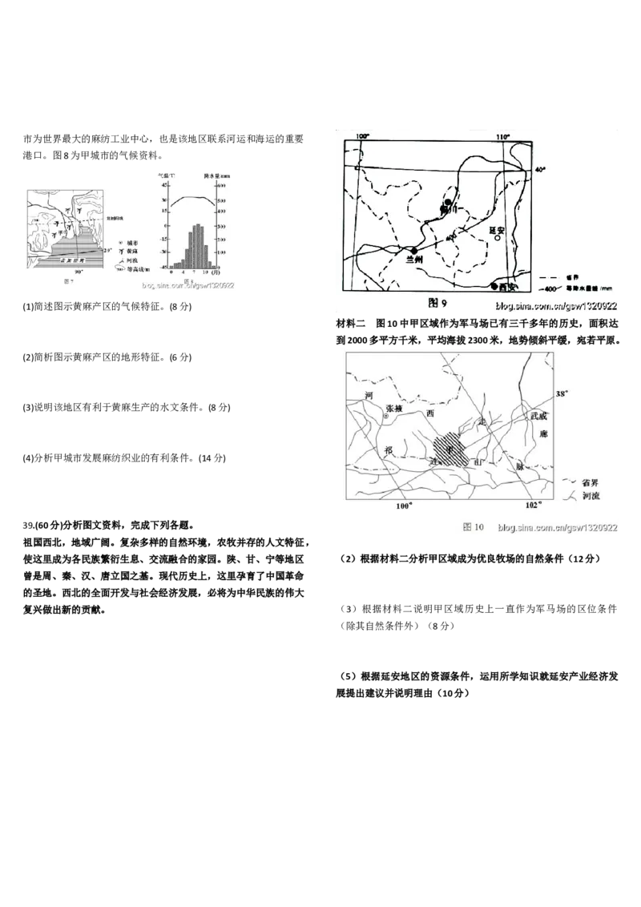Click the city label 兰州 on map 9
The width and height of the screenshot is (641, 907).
[x=414, y=260]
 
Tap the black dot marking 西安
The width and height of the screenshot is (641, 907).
[x=494, y=286]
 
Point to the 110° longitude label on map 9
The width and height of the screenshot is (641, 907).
[x=502, y=137]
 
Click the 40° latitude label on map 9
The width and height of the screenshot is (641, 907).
[x=539, y=170]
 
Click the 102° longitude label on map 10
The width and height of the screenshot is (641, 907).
[x=534, y=506]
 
